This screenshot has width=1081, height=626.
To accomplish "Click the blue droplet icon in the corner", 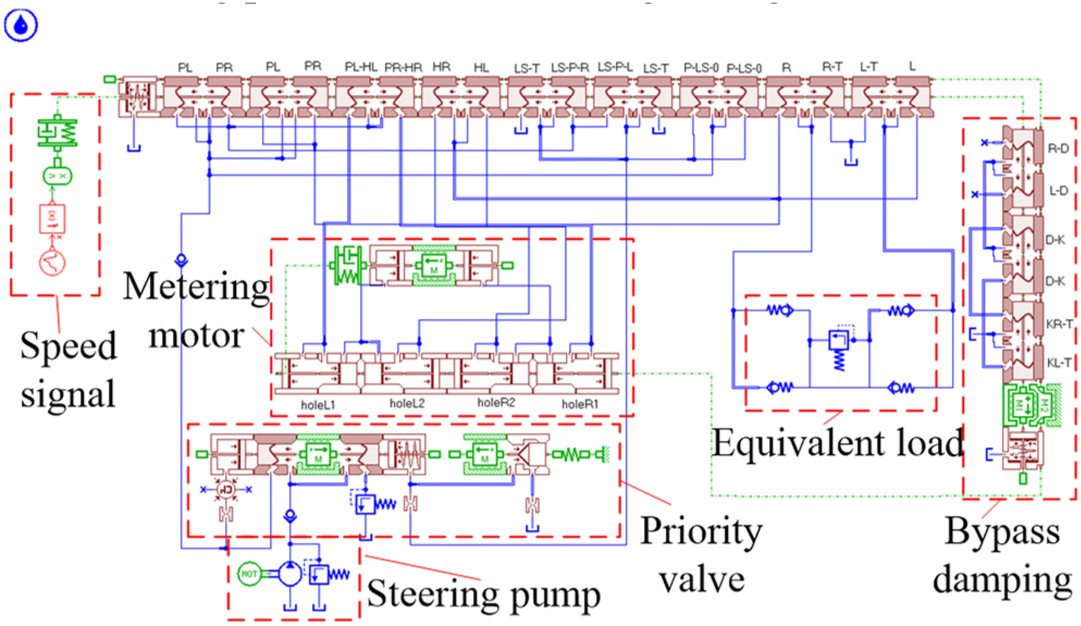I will [x=21, y=26].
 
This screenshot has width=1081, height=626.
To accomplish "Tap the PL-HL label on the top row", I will [x=361, y=66].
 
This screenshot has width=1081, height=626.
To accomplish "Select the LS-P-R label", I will [x=570, y=67].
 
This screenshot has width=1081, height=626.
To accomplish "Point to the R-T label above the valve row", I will [x=831, y=66].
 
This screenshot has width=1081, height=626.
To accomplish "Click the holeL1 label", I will [x=318, y=405].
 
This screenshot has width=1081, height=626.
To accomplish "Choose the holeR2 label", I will [x=496, y=402].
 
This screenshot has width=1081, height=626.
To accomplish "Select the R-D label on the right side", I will [x=1058, y=148].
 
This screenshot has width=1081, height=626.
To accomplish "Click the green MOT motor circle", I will [x=250, y=574].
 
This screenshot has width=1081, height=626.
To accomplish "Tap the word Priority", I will [x=701, y=530].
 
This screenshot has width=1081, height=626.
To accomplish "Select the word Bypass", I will [x=1002, y=531].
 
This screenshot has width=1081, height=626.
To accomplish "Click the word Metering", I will [x=197, y=287].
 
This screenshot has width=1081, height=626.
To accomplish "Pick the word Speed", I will [x=68, y=346].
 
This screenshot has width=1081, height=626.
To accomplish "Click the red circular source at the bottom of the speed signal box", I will [x=52, y=263].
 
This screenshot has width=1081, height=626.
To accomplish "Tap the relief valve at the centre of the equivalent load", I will [x=839, y=340].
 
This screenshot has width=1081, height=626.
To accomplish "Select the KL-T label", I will [x=1059, y=363].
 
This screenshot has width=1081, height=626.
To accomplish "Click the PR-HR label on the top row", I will [x=403, y=67].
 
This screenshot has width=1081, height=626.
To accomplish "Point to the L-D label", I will [x=1058, y=191].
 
